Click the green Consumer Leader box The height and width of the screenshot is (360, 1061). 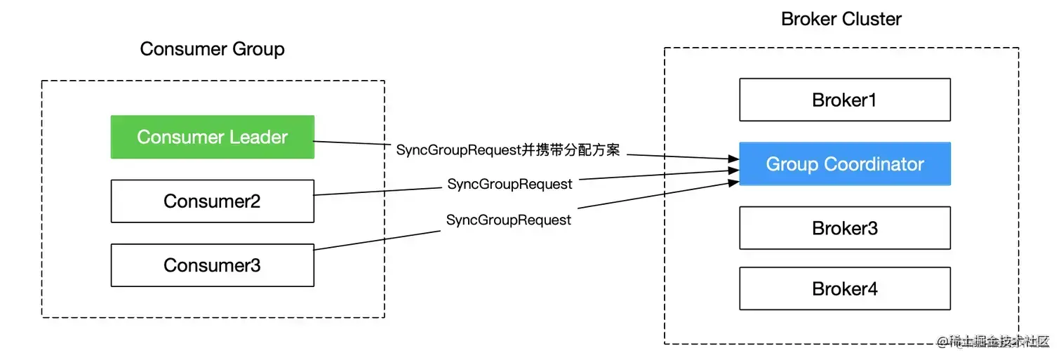212,137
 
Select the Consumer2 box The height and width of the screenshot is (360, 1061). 212,201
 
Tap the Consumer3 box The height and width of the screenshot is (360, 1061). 212,265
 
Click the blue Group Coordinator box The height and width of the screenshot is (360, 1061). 844,164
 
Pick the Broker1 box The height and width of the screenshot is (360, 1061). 844,100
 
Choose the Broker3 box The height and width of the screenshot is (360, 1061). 844,228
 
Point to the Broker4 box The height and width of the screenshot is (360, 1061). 844,288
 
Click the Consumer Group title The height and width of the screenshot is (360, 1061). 212,49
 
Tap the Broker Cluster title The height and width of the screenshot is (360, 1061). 841,19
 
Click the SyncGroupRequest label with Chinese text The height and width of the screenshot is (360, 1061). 508,150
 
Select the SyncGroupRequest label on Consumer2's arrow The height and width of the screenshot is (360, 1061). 509,185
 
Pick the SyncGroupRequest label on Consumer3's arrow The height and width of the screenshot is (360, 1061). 509,220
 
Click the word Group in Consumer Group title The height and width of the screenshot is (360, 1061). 258,49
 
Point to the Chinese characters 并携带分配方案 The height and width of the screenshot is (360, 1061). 572,150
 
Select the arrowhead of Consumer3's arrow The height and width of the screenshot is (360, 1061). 735,182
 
